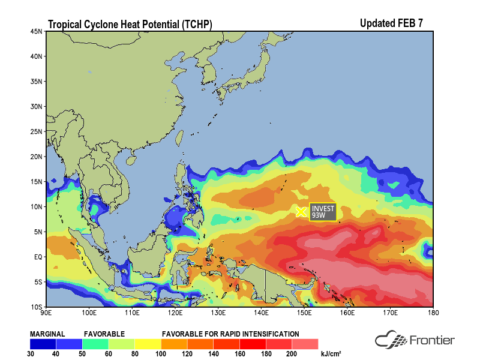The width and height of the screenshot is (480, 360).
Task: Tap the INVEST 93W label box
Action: [x=323, y=212]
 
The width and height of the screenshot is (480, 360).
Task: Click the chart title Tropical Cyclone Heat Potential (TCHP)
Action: [x=130, y=25]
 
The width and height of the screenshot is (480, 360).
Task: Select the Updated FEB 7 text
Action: [x=391, y=23]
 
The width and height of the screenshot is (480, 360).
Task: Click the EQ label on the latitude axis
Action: [x=38, y=257]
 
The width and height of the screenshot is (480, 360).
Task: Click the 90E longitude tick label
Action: [x=46, y=313]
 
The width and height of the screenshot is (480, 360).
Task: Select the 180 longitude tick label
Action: [x=433, y=313]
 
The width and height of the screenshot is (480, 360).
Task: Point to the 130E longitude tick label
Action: [x=218, y=313]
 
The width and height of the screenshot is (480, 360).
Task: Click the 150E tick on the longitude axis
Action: [x=304, y=313]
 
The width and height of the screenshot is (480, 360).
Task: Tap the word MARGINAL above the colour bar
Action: [x=47, y=334]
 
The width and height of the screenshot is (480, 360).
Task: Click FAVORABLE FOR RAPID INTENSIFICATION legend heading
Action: [x=230, y=334]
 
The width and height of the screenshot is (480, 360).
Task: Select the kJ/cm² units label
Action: [x=331, y=353]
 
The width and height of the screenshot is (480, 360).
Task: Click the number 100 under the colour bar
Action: [x=161, y=353]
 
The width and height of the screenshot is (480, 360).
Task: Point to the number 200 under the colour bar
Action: [x=292, y=353]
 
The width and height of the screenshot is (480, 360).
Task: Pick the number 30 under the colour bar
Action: [x=31, y=353]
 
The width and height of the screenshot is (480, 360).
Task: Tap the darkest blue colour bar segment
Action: [x=43, y=344]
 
